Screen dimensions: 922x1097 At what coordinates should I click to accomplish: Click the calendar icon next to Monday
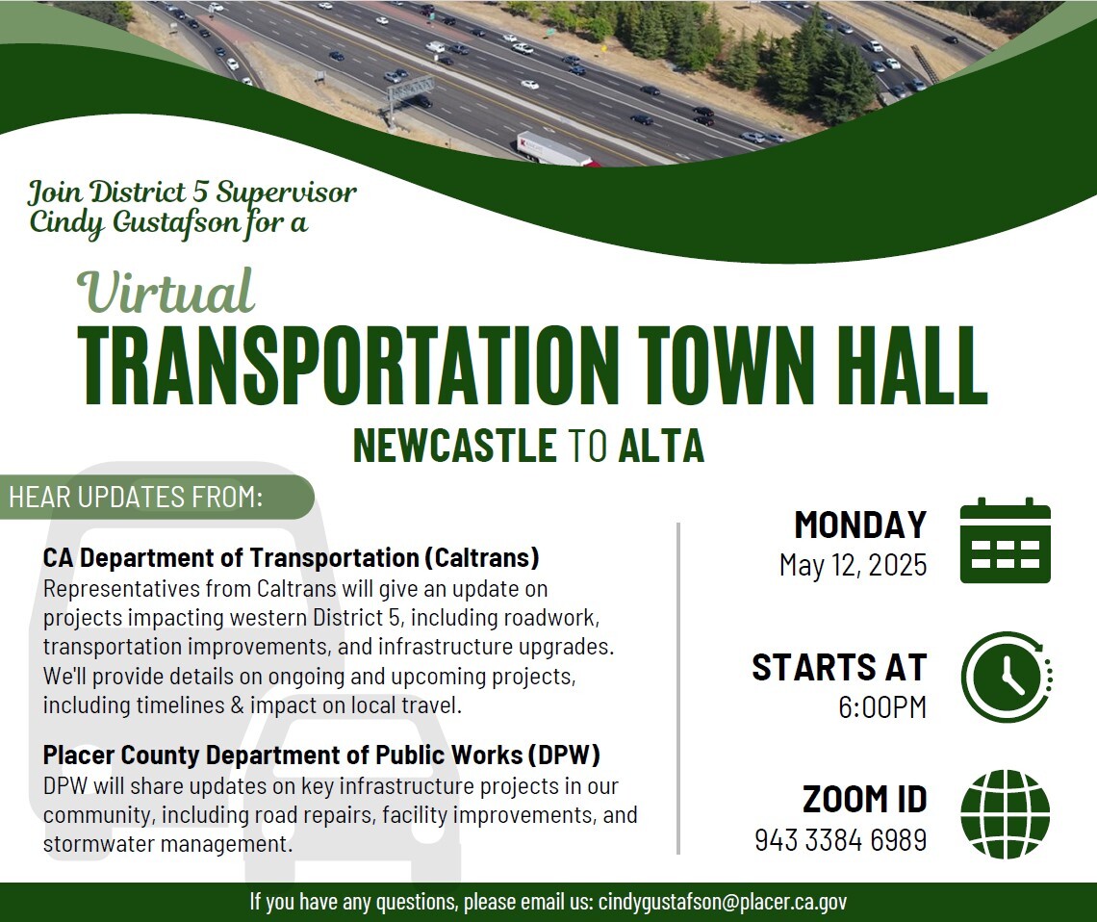(1005, 541)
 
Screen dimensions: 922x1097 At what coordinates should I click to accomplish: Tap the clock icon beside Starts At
(1006, 678)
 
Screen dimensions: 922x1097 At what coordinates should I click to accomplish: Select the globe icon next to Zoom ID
(1005, 814)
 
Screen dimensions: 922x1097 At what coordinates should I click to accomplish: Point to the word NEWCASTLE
(454, 447)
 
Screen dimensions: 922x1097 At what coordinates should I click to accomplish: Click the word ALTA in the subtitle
(661, 447)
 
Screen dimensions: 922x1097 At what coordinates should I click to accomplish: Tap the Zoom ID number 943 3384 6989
(840, 840)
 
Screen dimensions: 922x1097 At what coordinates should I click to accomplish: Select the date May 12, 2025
(853, 564)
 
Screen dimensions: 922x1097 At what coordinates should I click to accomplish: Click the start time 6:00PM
(881, 707)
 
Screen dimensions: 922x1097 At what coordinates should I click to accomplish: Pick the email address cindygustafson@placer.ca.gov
(723, 902)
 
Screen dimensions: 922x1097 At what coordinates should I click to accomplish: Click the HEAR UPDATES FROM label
(136, 498)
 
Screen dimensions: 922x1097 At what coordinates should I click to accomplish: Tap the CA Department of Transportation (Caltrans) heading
(291, 557)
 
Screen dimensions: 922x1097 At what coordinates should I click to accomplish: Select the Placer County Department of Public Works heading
(321, 755)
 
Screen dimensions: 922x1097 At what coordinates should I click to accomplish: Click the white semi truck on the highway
(553, 149)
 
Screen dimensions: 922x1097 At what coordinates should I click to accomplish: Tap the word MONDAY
(859, 525)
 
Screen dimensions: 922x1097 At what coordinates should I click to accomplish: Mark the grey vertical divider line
(679, 687)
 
